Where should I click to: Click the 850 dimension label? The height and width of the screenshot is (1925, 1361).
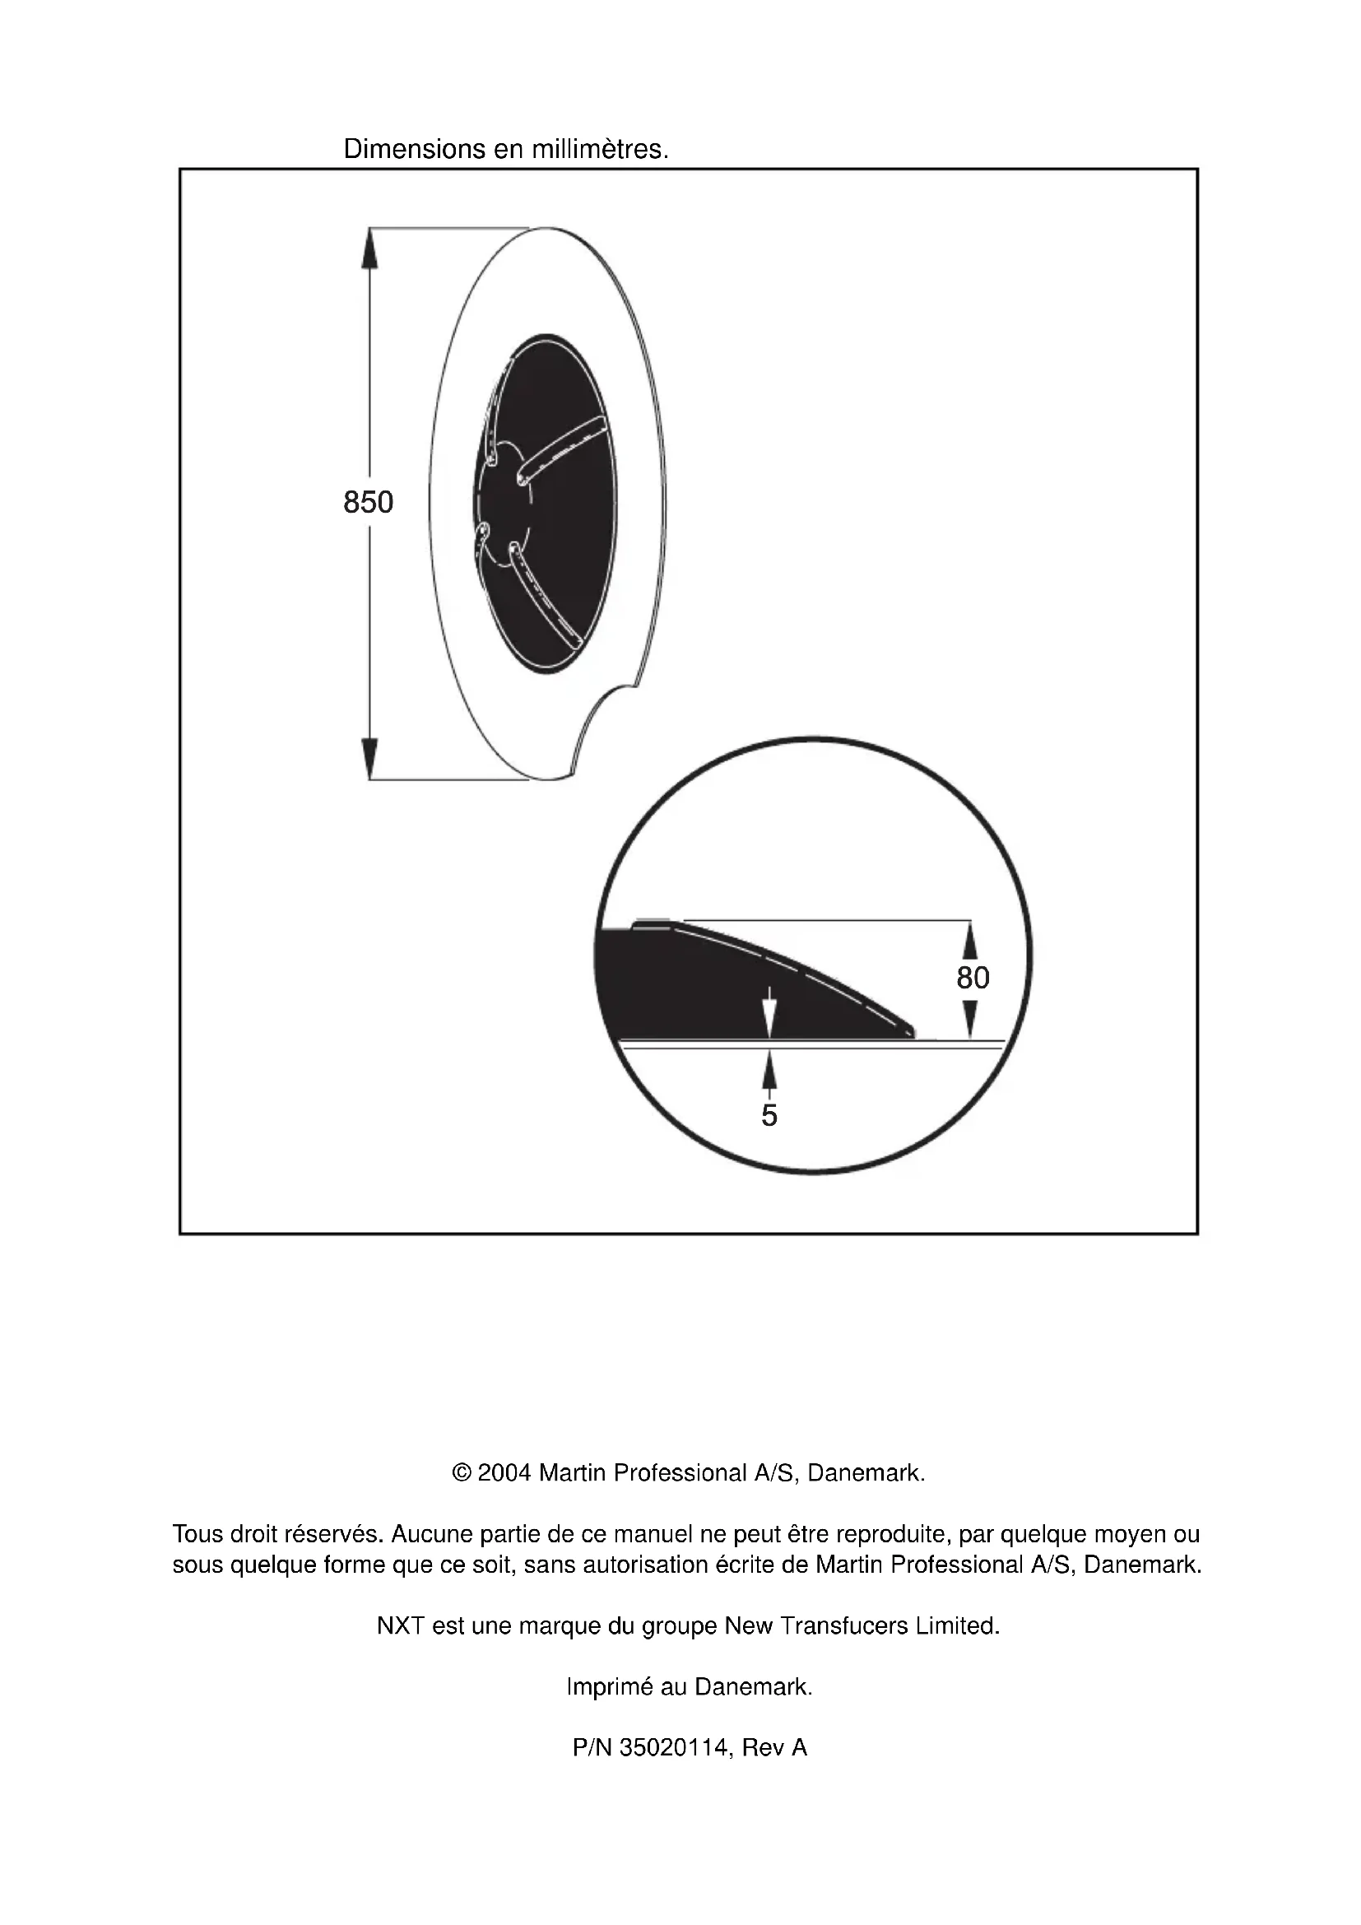368,502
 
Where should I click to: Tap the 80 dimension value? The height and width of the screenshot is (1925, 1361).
973,978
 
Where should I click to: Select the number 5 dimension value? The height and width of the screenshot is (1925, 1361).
769,1115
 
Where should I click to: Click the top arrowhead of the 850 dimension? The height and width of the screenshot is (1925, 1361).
369,245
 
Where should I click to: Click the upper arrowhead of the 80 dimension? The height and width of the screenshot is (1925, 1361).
969,939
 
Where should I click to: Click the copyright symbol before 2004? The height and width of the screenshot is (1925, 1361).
461,1473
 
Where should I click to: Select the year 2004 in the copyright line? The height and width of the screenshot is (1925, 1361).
504,1473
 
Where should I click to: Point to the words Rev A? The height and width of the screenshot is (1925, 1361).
774,1748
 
